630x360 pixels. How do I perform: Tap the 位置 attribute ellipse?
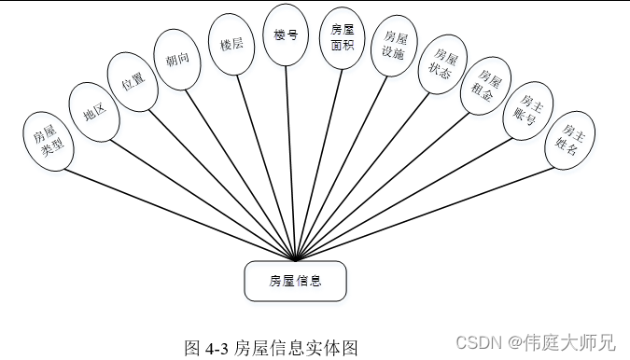point(132,82)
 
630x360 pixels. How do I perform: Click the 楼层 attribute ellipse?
point(231,44)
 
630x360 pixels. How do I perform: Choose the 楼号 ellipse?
point(286,35)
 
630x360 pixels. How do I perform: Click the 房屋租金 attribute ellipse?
point(485,87)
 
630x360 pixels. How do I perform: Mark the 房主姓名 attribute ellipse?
point(568,140)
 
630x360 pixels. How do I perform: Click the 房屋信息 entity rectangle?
point(295,280)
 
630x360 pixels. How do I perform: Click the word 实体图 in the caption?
point(337,349)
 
